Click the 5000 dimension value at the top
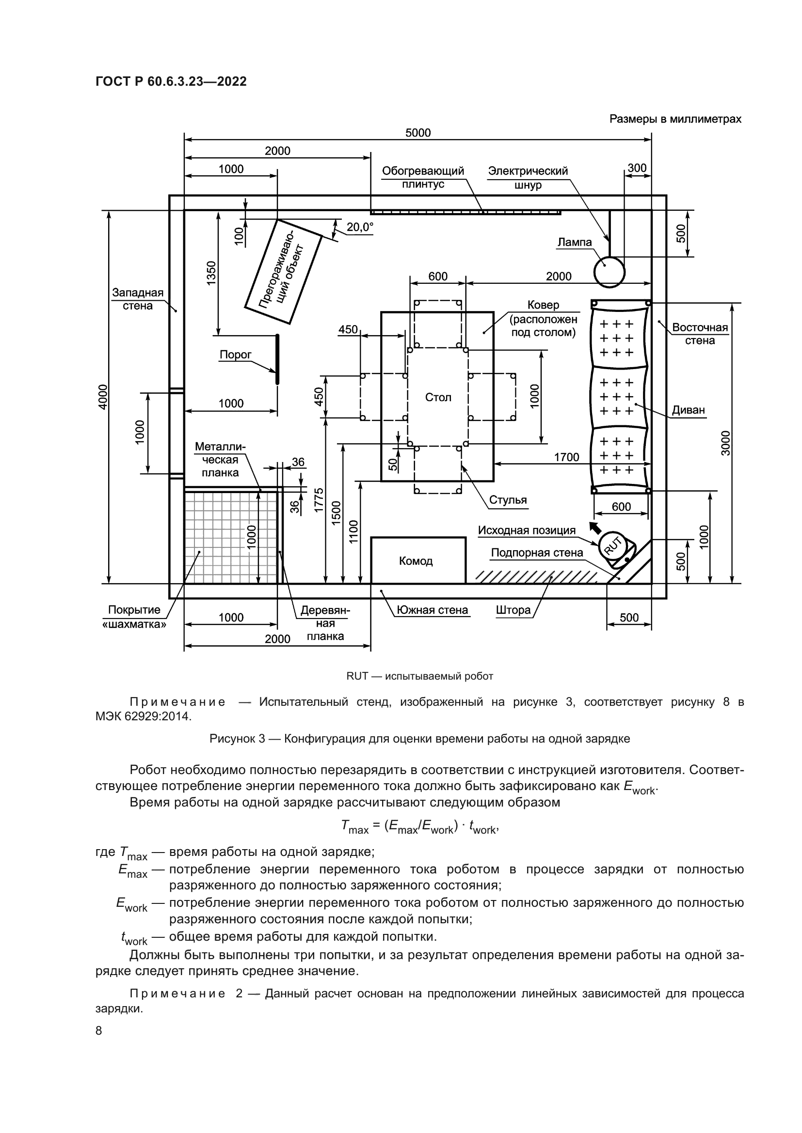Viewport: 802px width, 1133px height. [x=418, y=133]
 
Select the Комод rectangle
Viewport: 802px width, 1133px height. [x=418, y=560]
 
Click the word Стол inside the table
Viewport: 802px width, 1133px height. [x=438, y=397]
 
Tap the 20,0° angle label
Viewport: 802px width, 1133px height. [x=359, y=227]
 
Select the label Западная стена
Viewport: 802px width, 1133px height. [x=138, y=299]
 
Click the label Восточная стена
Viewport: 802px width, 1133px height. [x=700, y=334]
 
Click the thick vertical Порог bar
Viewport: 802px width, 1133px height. [x=277, y=359]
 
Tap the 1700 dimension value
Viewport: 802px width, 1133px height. [x=566, y=457]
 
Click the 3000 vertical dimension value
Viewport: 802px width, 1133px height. [x=725, y=443]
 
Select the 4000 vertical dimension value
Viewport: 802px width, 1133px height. [x=102, y=396]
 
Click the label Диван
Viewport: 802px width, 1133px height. [x=689, y=410]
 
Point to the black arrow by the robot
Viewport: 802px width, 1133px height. [x=596, y=528]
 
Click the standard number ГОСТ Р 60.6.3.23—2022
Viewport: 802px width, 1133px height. [x=171, y=81]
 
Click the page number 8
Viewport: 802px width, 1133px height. [x=99, y=1030]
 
